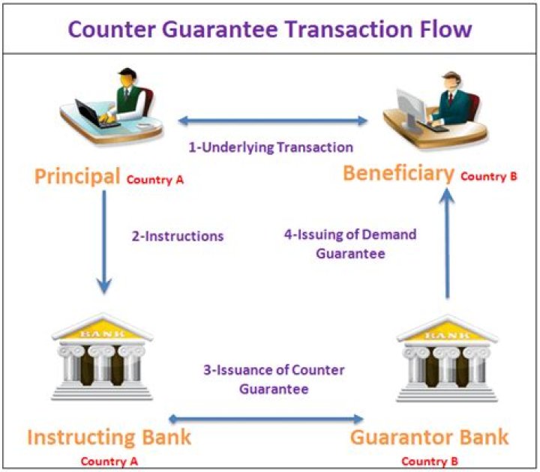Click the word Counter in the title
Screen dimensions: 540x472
(x=112, y=29)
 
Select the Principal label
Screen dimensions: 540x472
(x=77, y=177)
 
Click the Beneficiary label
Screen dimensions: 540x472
(x=398, y=173)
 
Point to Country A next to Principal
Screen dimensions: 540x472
(x=155, y=180)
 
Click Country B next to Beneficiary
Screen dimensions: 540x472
(x=489, y=177)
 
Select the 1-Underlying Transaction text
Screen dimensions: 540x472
(x=271, y=148)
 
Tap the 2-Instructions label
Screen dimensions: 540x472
(x=178, y=236)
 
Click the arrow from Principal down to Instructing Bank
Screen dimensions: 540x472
(x=104, y=242)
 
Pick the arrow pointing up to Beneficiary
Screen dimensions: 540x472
(x=447, y=243)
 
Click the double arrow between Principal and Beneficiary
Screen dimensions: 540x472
(x=273, y=121)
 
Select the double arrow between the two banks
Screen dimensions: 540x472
(x=265, y=419)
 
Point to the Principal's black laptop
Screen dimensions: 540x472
(x=94, y=114)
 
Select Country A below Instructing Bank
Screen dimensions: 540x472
(x=109, y=462)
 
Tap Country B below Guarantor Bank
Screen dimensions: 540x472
(x=430, y=462)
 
